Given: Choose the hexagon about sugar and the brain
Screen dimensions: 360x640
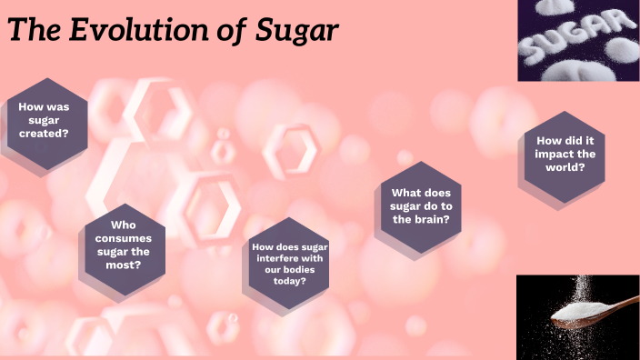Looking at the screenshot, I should click(x=421, y=206).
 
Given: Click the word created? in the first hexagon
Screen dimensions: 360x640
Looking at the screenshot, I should click(x=45, y=133).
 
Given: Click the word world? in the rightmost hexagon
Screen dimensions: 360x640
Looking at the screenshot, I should click(x=565, y=166).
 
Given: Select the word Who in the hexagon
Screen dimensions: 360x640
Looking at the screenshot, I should click(x=124, y=225).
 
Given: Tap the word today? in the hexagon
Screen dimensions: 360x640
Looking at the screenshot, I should click(x=290, y=280).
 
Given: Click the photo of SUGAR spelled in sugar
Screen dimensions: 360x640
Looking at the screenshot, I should click(x=578, y=40).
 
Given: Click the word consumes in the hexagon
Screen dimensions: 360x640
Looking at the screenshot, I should click(x=124, y=238).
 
